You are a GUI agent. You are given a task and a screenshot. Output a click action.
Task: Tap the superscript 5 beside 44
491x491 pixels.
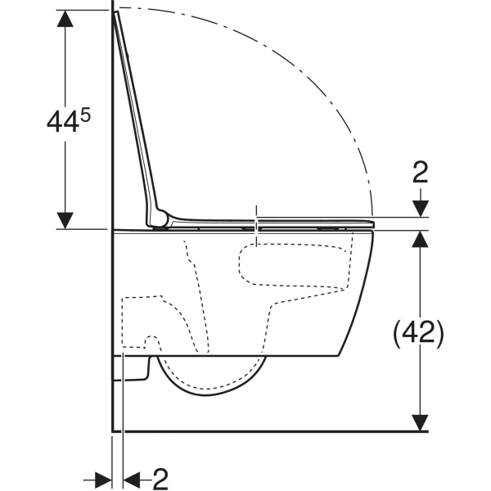coord(85,116)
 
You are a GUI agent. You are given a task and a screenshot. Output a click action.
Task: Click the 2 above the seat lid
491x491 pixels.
coord(421,173)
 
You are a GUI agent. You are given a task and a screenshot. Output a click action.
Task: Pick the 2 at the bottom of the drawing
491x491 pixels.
coord(160,479)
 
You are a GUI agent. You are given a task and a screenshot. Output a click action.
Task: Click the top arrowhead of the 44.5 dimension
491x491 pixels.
coord(65,19)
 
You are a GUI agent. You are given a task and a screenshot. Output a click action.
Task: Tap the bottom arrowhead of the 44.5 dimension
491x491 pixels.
coord(65,220)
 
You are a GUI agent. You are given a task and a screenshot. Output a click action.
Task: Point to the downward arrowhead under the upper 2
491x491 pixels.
coord(421,208)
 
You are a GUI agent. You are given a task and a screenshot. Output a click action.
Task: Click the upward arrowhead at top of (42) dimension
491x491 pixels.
coord(420,239)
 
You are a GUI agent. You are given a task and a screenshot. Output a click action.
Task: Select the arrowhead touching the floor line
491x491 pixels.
coord(420,423)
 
